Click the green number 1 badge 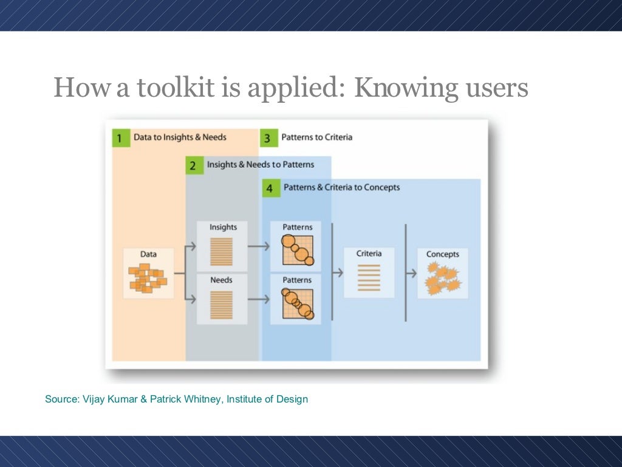coord(120,137)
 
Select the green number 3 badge coord(267,137)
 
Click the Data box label coord(148,254)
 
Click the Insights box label coord(223,227)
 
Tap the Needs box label coord(221,280)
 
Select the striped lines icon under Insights coord(221,251)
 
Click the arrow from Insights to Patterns coord(259,246)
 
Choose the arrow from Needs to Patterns coord(259,299)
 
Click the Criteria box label coord(369,254)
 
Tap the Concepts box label coord(442,254)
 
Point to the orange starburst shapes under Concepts coord(442,278)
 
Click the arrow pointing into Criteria coord(337,273)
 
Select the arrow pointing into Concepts coord(411,273)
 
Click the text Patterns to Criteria coord(316,137)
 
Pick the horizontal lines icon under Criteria coord(369,277)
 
